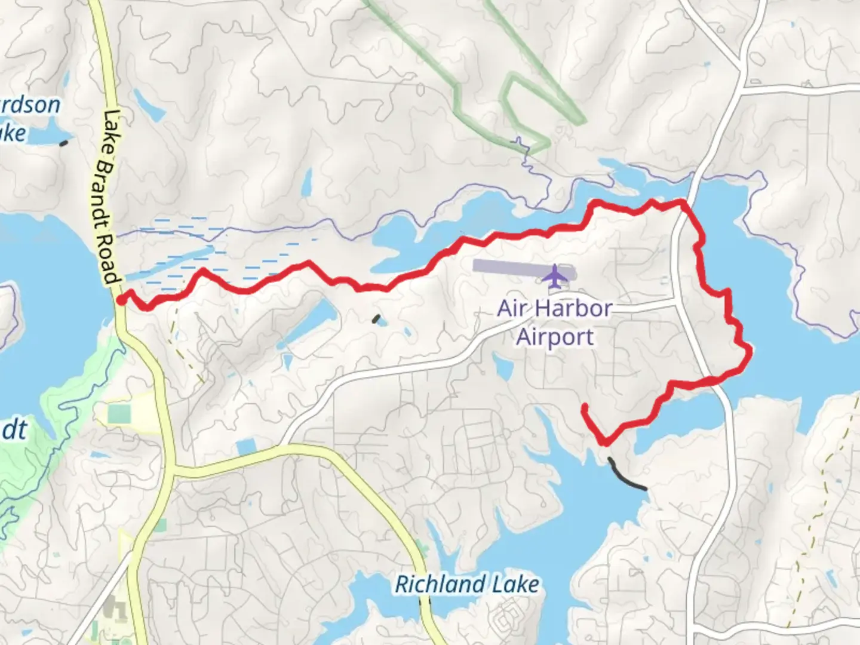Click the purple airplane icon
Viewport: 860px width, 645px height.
point(555,275)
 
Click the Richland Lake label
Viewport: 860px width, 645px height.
point(467,585)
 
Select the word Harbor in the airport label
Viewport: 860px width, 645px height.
point(574,309)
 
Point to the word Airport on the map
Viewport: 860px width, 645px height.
point(555,337)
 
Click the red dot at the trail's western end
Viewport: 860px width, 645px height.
point(121,300)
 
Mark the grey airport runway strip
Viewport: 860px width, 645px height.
point(508,266)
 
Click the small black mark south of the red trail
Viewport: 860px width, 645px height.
point(377,320)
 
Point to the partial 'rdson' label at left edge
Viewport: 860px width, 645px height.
point(30,106)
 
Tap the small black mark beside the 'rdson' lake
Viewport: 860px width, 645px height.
point(64,143)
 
